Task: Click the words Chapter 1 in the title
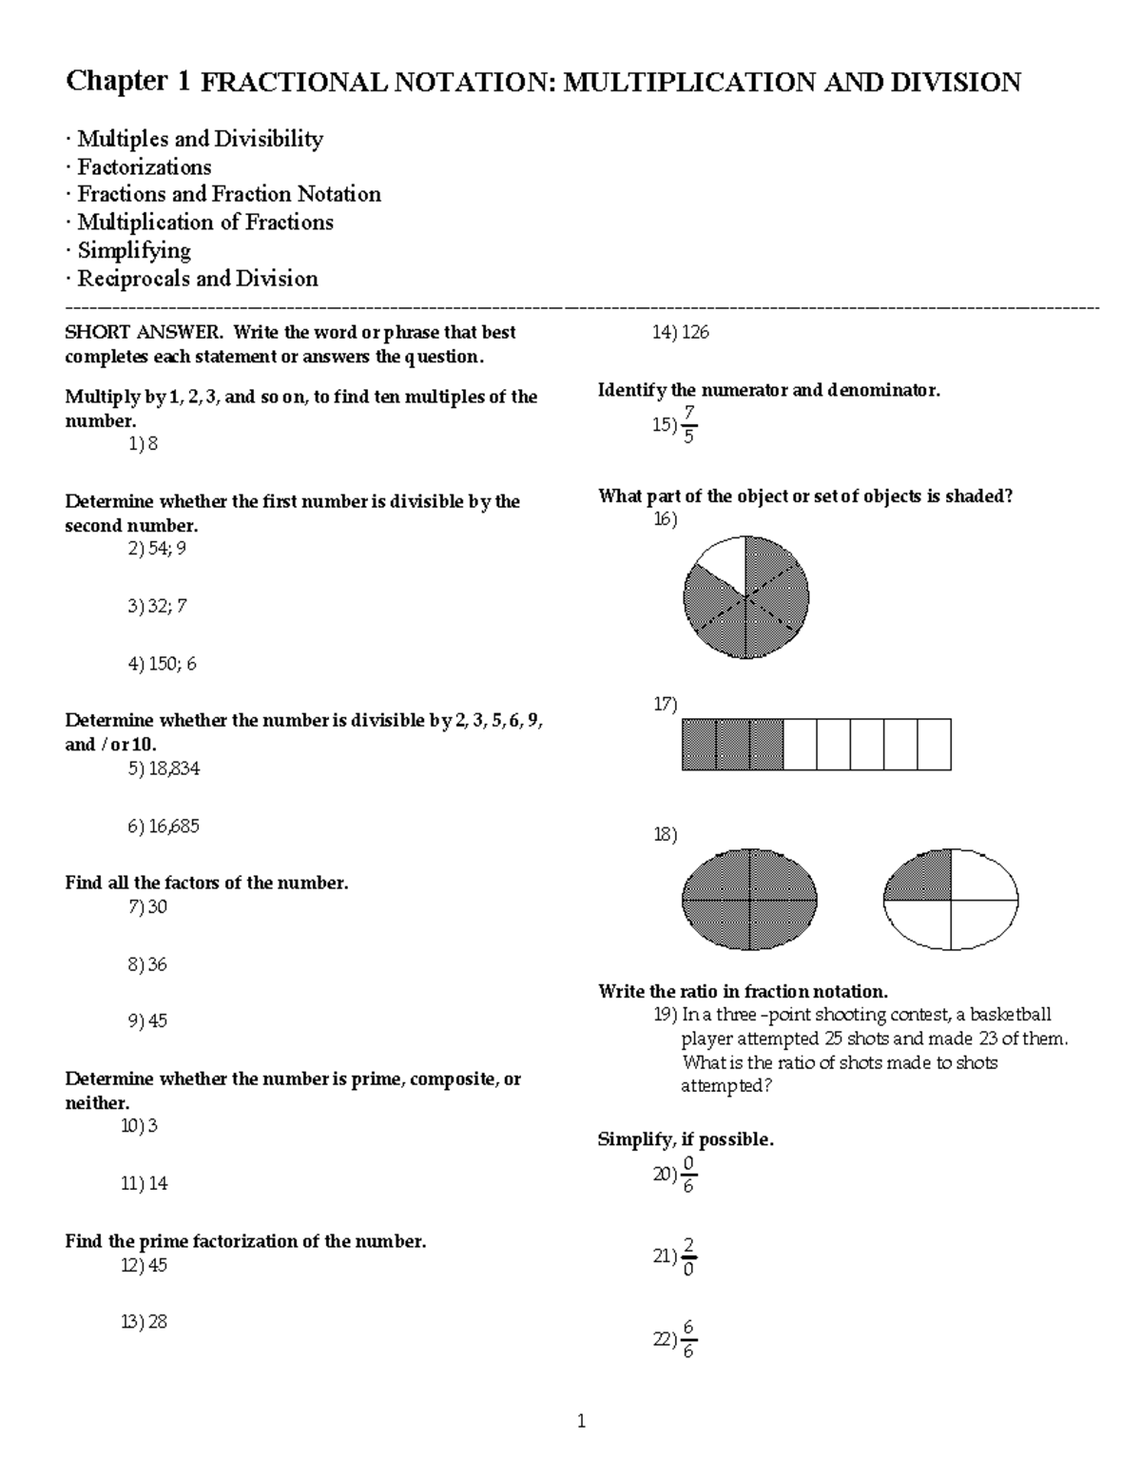(126, 82)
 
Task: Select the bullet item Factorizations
(144, 167)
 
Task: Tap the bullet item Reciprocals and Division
(197, 279)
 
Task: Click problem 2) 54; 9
(157, 549)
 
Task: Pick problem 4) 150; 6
(162, 664)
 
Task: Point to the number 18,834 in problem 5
(174, 768)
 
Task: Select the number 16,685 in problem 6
(174, 826)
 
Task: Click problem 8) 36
(147, 964)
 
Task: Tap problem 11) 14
(145, 1183)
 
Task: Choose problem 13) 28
(145, 1322)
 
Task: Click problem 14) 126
(680, 333)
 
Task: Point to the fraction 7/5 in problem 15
(689, 424)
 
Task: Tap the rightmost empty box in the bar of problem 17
(934, 745)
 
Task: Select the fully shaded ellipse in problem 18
(749, 899)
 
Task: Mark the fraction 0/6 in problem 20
(688, 1176)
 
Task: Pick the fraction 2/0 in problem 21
(688, 1257)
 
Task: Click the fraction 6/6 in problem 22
(688, 1339)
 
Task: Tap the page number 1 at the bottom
(581, 1423)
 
